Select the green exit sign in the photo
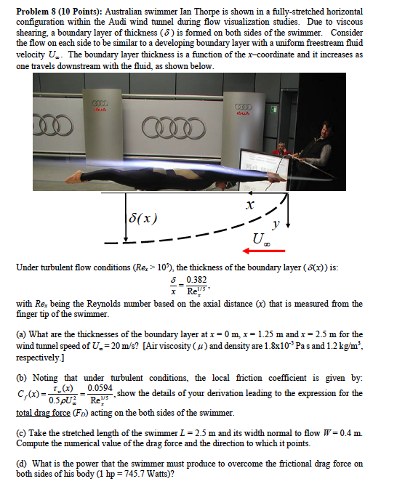point(275,110)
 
